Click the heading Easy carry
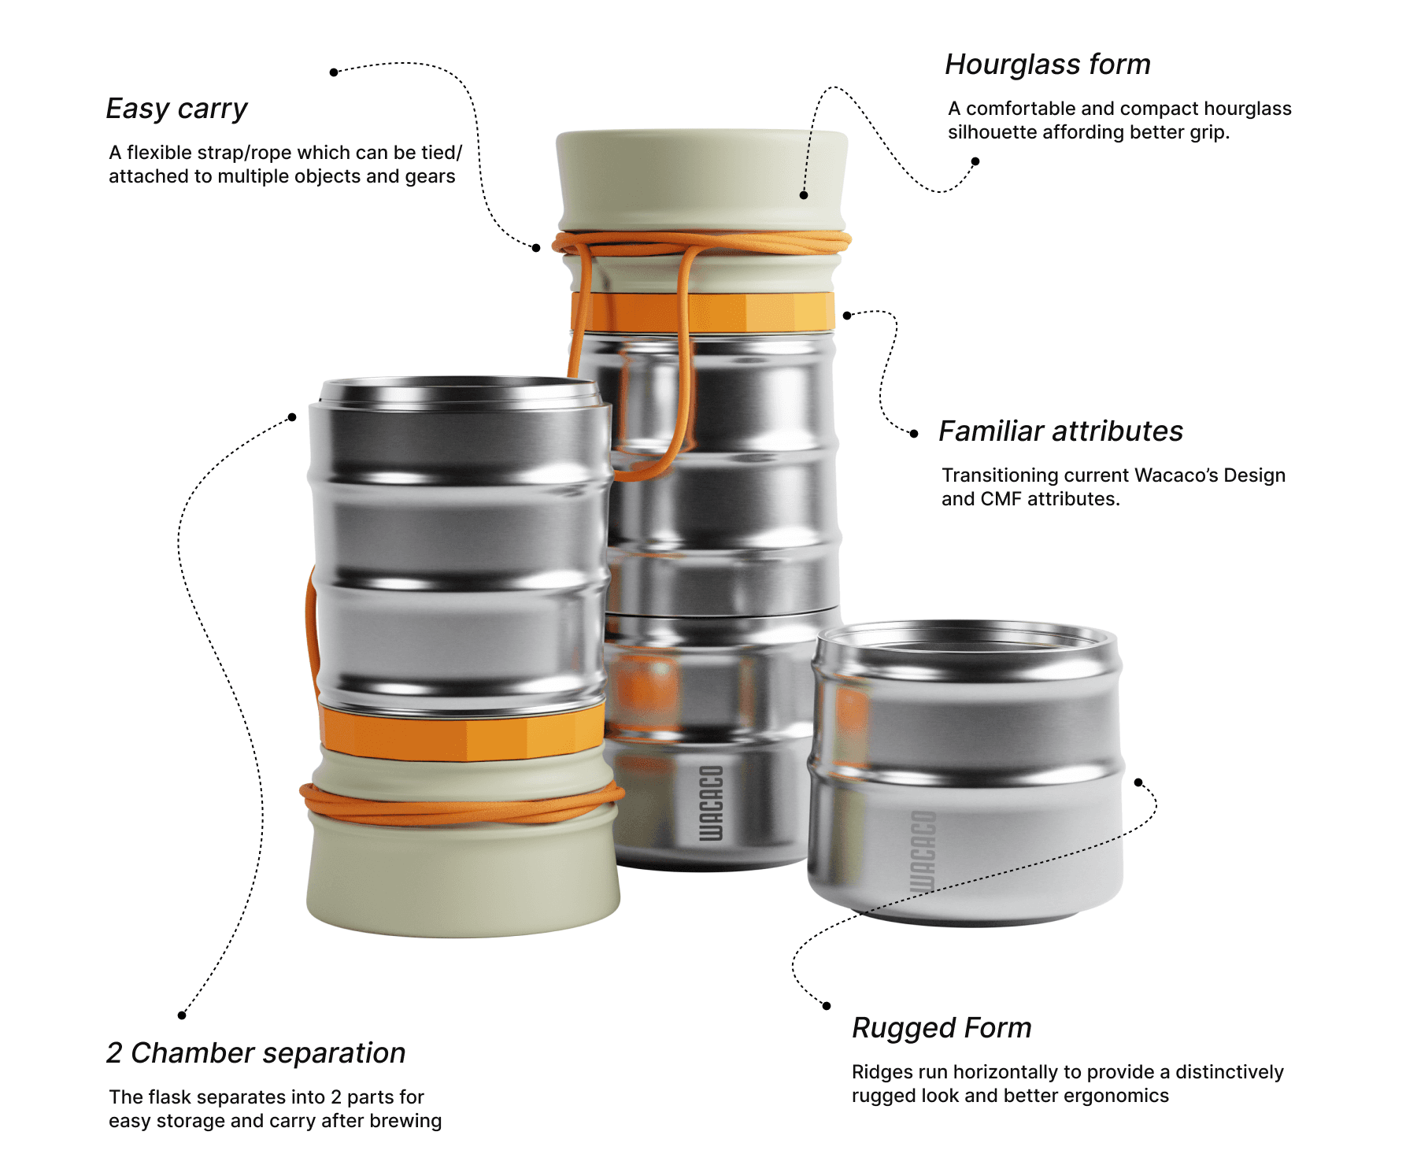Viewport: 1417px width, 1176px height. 177,109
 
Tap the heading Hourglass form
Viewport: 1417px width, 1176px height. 1048,65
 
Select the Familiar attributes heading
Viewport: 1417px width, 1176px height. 1061,431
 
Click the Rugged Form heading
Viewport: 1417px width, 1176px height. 942,1028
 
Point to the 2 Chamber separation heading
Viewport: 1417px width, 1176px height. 256,1053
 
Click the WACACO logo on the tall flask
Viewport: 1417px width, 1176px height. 711,803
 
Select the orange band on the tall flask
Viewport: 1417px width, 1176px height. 703,312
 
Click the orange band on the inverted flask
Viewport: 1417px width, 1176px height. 463,733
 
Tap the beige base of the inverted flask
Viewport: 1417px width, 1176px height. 463,874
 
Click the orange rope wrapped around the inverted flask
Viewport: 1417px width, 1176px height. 463,804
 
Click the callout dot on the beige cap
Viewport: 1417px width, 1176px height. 804,195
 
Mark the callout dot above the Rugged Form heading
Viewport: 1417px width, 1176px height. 827,1006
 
